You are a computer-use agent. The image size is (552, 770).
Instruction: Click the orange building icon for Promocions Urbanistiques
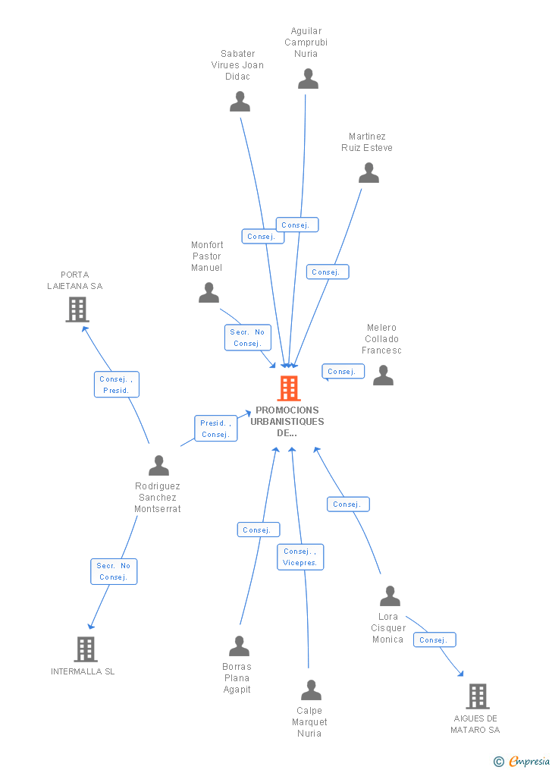pyautogui.click(x=289, y=388)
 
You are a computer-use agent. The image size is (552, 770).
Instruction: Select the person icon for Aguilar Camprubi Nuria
pyautogui.click(x=308, y=79)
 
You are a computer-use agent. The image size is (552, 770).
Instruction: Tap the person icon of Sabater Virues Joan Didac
pyautogui.click(x=240, y=102)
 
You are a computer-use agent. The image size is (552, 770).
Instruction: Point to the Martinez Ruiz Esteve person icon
pyautogui.click(x=369, y=174)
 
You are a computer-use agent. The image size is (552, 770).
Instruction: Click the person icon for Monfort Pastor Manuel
pyautogui.click(x=209, y=293)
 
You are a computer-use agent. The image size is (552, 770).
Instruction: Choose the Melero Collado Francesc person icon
pyautogui.click(x=383, y=376)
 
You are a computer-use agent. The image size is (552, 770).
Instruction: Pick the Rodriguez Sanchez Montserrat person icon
pyautogui.click(x=158, y=465)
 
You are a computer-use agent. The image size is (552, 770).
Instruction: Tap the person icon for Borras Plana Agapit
pyautogui.click(x=239, y=646)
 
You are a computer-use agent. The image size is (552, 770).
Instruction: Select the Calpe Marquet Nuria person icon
pyautogui.click(x=311, y=690)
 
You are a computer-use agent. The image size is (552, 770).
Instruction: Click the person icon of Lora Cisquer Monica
pyautogui.click(x=390, y=596)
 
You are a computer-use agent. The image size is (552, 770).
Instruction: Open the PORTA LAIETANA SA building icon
pyautogui.click(x=77, y=310)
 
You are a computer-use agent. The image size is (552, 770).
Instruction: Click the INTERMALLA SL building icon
pyautogui.click(x=86, y=649)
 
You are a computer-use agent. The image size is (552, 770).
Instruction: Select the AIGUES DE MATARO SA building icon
pyautogui.click(x=477, y=696)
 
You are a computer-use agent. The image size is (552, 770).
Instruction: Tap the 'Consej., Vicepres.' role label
pyautogui.click(x=300, y=557)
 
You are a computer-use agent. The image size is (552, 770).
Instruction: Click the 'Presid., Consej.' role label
pyautogui.click(x=216, y=429)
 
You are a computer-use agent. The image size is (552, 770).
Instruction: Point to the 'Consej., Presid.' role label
pyautogui.click(x=117, y=385)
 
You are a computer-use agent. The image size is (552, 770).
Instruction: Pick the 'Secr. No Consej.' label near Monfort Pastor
pyautogui.click(x=247, y=338)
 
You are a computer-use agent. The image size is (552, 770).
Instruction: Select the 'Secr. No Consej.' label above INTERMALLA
pyautogui.click(x=114, y=571)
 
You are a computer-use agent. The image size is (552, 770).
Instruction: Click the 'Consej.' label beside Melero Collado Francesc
pyautogui.click(x=343, y=372)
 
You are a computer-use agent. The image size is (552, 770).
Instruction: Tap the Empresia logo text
pyautogui.click(x=528, y=761)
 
